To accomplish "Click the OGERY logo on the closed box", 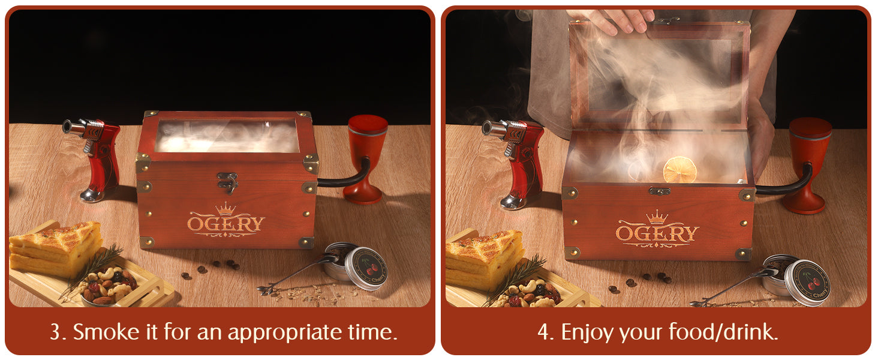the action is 225,221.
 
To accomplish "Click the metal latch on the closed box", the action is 228,183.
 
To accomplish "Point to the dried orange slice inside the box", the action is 679,169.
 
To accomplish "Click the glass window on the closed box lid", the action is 227,135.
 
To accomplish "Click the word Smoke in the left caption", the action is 106,332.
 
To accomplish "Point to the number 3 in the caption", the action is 55,332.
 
